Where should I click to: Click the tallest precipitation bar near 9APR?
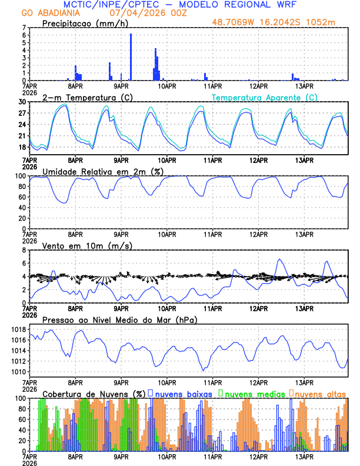coord(131,58)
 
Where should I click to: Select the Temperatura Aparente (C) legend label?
coord(265,97)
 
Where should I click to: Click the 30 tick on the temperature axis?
coord(24,102)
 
